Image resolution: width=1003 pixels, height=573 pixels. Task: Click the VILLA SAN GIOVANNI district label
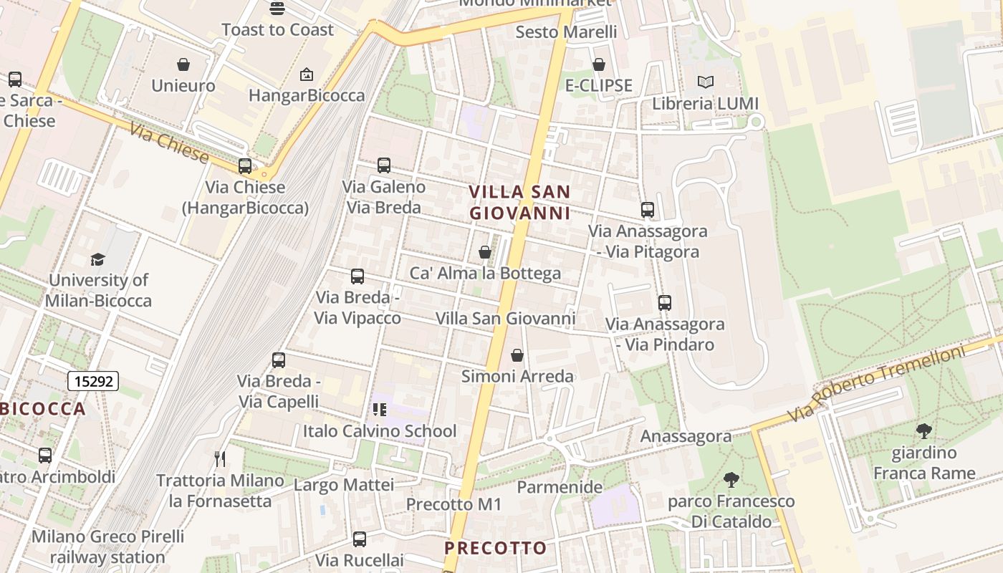[x=519, y=202]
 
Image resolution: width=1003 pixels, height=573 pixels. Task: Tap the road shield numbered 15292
[x=93, y=381]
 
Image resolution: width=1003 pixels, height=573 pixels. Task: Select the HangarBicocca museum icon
[x=307, y=74]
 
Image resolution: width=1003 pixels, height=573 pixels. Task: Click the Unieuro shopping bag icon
[x=183, y=64]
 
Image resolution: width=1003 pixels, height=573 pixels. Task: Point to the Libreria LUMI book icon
[x=706, y=82]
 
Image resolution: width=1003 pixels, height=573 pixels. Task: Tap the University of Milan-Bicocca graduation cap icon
[x=97, y=259]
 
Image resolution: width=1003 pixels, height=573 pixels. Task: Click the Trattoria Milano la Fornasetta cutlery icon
[x=221, y=458]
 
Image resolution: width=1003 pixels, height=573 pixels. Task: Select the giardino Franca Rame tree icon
[x=924, y=431]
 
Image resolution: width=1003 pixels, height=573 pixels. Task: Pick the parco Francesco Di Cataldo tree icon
[x=731, y=480]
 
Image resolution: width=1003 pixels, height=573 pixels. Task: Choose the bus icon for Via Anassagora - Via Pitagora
[x=648, y=210]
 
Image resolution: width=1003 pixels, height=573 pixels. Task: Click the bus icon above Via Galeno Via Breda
[x=384, y=165]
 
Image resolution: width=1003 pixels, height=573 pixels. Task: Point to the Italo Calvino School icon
[x=380, y=410]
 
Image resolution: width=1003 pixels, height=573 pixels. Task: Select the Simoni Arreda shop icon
[x=517, y=355]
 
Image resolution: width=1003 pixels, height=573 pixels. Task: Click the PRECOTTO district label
[x=496, y=548]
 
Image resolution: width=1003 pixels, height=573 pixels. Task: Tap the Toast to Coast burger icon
[x=277, y=9]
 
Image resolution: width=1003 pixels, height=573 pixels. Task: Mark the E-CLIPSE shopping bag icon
[x=599, y=64]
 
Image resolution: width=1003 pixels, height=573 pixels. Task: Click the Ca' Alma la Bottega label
[x=485, y=273]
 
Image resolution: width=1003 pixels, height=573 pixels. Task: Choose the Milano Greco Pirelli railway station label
[x=107, y=546]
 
